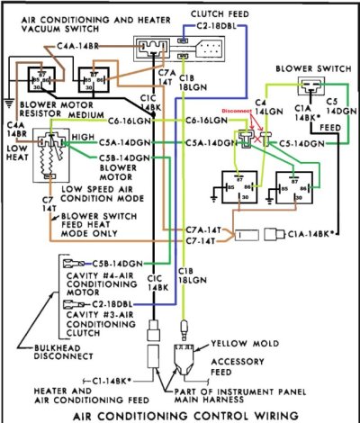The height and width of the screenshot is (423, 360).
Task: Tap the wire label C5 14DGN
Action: pos(334,109)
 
